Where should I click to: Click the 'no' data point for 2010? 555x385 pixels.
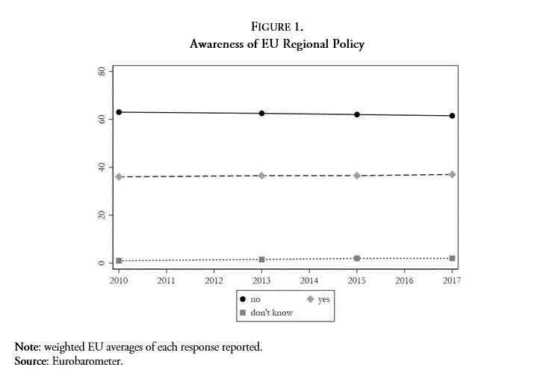(x=119, y=112)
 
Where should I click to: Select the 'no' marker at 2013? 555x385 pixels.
(x=261, y=114)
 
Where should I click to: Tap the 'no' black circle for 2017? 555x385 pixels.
(x=452, y=116)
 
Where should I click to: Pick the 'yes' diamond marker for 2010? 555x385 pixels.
(x=119, y=176)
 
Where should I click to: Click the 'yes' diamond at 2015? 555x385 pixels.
(x=357, y=176)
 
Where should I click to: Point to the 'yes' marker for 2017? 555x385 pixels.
(x=452, y=174)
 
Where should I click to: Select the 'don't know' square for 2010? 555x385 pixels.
(x=119, y=261)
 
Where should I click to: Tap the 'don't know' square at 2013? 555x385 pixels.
(x=261, y=259)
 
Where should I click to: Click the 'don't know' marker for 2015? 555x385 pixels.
(x=357, y=258)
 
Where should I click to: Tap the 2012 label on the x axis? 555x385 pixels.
(x=214, y=281)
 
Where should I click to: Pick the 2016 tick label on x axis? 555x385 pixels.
(x=404, y=281)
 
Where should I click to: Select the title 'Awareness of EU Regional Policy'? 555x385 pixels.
(x=277, y=45)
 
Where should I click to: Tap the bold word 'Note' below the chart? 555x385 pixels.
(x=28, y=348)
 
